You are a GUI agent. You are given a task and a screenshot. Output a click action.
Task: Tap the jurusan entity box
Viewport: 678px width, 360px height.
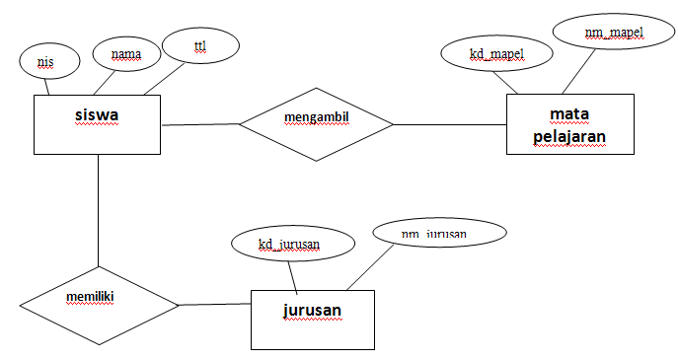point(312,319)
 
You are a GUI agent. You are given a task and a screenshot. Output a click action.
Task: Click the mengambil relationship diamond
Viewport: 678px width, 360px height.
point(317,122)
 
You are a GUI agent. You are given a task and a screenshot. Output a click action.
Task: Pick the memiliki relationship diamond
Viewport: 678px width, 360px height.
point(98,303)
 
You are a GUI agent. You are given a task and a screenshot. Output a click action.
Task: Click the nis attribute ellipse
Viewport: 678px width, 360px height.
point(45,62)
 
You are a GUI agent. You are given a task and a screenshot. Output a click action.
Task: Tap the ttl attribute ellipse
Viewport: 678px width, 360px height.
point(200,45)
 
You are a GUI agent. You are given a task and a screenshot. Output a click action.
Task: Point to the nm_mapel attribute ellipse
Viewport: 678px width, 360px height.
point(613,34)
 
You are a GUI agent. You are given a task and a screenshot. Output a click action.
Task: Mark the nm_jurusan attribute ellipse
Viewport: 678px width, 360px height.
point(438,234)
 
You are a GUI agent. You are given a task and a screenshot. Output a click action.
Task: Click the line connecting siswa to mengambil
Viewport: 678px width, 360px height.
point(200,124)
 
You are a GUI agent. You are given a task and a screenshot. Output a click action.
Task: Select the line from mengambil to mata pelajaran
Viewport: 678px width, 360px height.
point(450,124)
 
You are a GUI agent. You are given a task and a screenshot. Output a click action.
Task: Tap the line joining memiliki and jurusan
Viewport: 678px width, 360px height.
point(214,304)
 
